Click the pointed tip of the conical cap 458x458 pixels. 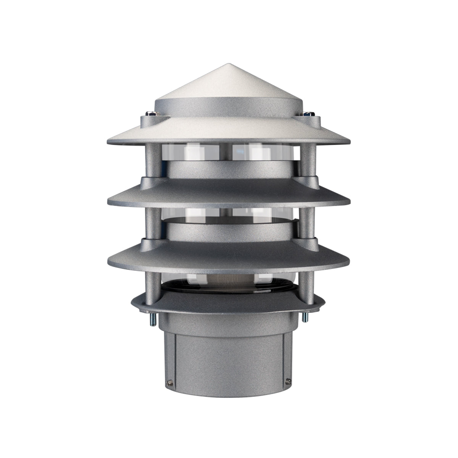click(x=229, y=65)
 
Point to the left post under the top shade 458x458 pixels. click(x=150, y=160)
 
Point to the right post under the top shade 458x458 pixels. click(x=308, y=160)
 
